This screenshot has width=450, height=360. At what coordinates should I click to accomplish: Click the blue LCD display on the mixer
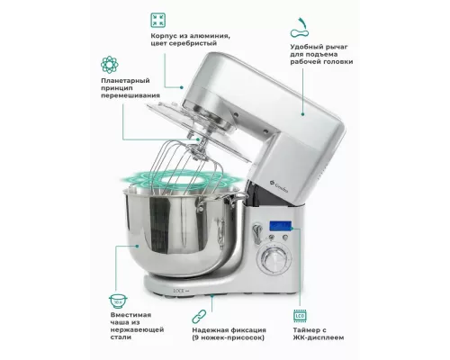(280, 226)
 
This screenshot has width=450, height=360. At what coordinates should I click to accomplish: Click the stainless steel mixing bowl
(183, 230)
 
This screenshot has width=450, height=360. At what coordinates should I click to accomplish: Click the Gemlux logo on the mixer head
(279, 186)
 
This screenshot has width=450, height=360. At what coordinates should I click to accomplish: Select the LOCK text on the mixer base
(170, 291)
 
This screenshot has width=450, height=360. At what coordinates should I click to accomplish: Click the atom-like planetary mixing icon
(110, 65)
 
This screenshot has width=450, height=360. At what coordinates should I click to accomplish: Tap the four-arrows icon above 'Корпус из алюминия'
(157, 20)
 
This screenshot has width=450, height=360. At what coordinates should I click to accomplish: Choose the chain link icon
(199, 317)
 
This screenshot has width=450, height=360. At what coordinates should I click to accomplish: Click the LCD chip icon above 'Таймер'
(300, 316)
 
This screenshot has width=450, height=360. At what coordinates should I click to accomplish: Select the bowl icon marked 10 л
(118, 301)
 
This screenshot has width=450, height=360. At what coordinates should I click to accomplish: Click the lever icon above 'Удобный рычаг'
(300, 28)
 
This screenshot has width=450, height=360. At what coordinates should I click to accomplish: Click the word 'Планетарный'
(125, 81)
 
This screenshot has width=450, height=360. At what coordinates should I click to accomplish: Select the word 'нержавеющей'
(137, 329)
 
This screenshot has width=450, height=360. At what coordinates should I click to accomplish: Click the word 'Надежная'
(211, 330)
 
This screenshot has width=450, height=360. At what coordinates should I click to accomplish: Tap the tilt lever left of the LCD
(256, 232)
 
